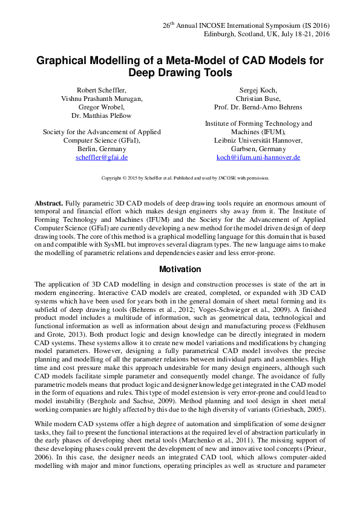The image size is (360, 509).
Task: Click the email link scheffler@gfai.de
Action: click(x=102, y=157)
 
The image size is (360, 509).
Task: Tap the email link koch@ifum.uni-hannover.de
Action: click(x=258, y=157)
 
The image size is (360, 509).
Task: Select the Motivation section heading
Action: click(x=180, y=269)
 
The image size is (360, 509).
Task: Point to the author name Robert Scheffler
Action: click(x=102, y=90)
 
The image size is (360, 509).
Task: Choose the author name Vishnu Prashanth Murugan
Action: click(x=102, y=99)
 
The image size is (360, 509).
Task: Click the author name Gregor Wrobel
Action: click(x=102, y=107)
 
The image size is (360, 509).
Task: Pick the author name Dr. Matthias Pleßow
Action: click(x=102, y=115)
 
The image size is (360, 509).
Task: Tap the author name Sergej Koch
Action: click(x=258, y=90)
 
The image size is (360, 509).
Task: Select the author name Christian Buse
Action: click(x=258, y=99)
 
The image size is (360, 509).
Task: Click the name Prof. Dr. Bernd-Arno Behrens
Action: click(x=258, y=107)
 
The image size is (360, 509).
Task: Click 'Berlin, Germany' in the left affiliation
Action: click(x=102, y=149)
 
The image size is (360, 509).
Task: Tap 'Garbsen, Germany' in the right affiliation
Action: click(x=258, y=149)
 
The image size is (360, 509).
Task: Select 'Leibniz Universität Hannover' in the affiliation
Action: click(x=258, y=140)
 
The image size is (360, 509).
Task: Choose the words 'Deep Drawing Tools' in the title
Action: click(x=180, y=73)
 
